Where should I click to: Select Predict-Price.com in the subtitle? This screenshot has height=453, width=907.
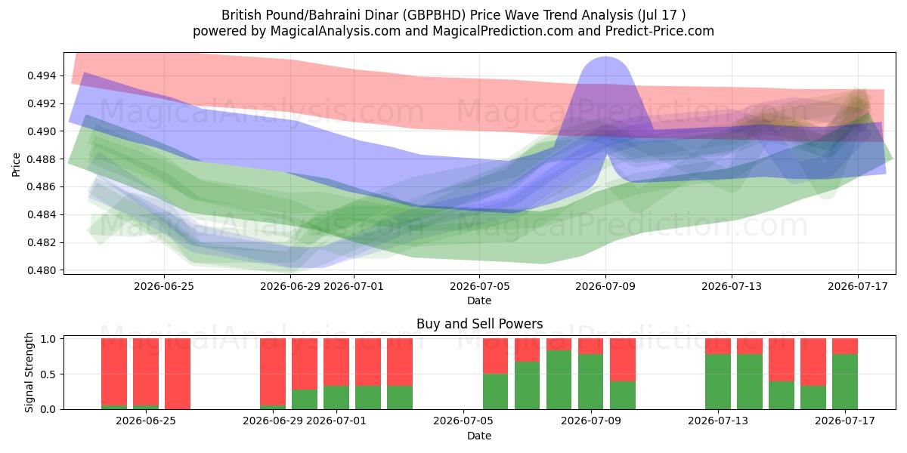(660, 31)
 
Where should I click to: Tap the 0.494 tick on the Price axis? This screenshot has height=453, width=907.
(42, 75)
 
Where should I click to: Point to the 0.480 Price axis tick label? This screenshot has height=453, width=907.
(42, 270)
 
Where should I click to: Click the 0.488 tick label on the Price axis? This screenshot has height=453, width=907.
(42, 159)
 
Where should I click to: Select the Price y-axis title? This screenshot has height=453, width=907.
(16, 165)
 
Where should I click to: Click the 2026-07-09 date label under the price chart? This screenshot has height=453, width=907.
(605, 286)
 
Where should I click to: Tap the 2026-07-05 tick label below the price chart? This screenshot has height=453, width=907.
(479, 286)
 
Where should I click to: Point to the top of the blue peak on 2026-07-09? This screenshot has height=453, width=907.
(605, 57)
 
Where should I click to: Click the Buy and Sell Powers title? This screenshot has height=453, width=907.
(479, 324)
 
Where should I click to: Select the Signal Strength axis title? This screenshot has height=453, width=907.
(29, 372)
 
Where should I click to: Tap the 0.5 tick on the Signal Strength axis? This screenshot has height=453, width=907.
(48, 374)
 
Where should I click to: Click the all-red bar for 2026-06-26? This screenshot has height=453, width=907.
(178, 374)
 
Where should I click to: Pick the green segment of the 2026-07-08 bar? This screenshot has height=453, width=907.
(559, 380)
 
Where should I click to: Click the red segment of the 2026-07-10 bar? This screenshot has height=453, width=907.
(622, 359)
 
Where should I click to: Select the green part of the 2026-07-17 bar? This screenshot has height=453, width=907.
(845, 382)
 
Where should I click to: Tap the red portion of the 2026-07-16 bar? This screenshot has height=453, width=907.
(813, 362)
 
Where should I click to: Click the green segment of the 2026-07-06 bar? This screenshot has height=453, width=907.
(495, 392)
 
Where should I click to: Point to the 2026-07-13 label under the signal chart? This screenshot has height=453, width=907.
(718, 421)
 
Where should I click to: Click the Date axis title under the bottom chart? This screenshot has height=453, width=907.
(479, 436)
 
